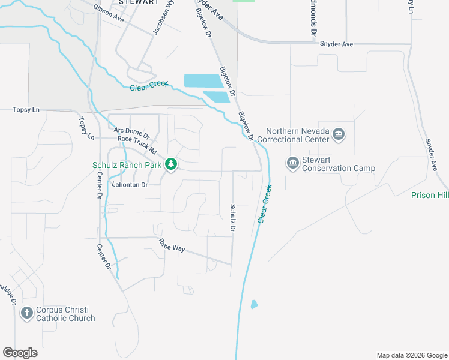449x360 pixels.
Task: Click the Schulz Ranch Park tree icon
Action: pyautogui.click(x=171, y=164)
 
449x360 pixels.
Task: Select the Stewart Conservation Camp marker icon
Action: pyautogui.click(x=293, y=162)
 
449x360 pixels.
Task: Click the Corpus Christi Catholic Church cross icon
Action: pyautogui.click(x=26, y=313)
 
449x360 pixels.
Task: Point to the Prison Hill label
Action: pyautogui.click(x=430, y=195)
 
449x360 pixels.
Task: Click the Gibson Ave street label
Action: pyautogui.click(x=109, y=14)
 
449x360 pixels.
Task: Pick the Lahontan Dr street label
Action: pyautogui.click(x=130, y=185)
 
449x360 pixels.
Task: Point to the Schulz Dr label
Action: pyautogui.click(x=232, y=218)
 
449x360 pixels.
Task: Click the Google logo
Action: pyautogui.click(x=20, y=352)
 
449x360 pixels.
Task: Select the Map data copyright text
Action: pyautogui.click(x=411, y=355)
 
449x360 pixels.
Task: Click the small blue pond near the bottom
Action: pyautogui.click(x=254, y=304)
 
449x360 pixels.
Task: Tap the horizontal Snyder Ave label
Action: pyautogui.click(x=337, y=44)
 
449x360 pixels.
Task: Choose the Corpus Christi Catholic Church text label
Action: pyautogui.click(x=65, y=314)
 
